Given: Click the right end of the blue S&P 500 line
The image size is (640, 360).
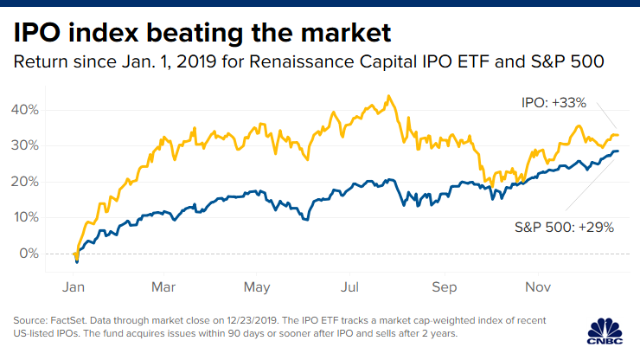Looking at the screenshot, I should click(x=618, y=151).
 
